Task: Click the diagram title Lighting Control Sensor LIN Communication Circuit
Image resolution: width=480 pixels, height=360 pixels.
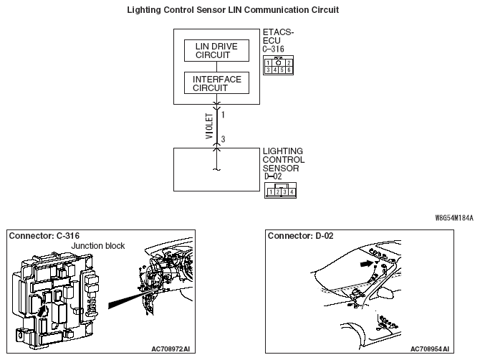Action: pos(233,10)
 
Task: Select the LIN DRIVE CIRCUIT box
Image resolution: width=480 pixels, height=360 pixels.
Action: pos(216,50)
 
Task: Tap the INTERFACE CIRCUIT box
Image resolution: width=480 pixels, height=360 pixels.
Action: pos(216,83)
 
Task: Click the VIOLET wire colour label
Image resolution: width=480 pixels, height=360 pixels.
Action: pos(209,126)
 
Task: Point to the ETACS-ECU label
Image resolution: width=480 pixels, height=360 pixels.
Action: pos(278,37)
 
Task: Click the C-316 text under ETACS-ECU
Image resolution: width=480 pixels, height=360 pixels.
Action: pos(273,49)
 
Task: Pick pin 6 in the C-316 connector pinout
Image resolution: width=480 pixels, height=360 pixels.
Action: pos(289,70)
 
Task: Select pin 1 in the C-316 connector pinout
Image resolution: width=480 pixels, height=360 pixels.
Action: pos(268,63)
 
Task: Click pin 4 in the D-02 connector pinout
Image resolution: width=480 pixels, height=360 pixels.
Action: pos(292,192)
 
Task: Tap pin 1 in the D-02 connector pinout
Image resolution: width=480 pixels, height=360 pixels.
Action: pos(271,192)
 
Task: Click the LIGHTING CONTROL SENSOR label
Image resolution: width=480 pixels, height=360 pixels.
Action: pos(284,160)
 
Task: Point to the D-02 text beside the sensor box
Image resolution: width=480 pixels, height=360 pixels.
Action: pos(273,176)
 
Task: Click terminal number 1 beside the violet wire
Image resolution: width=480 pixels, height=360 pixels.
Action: pos(223,115)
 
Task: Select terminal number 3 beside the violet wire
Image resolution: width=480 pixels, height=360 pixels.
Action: pos(223,139)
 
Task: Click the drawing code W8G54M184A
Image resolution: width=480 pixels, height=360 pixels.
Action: pos(454,218)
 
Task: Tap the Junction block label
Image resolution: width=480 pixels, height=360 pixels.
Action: pos(98,246)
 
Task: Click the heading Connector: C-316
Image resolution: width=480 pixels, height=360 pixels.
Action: pos(44,236)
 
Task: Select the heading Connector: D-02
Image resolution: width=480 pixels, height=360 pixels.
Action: pos(301,236)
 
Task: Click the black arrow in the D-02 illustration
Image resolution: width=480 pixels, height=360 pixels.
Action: pos(366,263)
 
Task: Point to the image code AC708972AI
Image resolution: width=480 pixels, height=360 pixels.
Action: pos(171,349)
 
